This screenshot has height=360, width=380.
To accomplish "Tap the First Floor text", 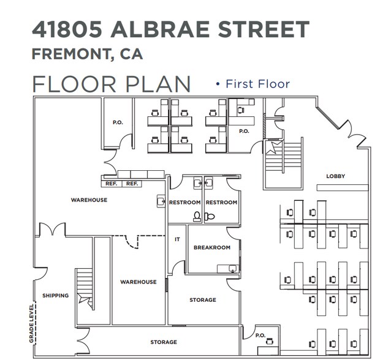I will (x=257, y=84).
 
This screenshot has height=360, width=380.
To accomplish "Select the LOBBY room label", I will (x=335, y=176).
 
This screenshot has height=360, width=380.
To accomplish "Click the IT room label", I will (x=177, y=239).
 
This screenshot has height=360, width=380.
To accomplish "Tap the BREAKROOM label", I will (x=211, y=247).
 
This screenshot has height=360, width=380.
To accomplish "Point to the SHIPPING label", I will (x=55, y=296).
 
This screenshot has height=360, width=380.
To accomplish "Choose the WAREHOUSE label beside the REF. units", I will (x=89, y=200).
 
